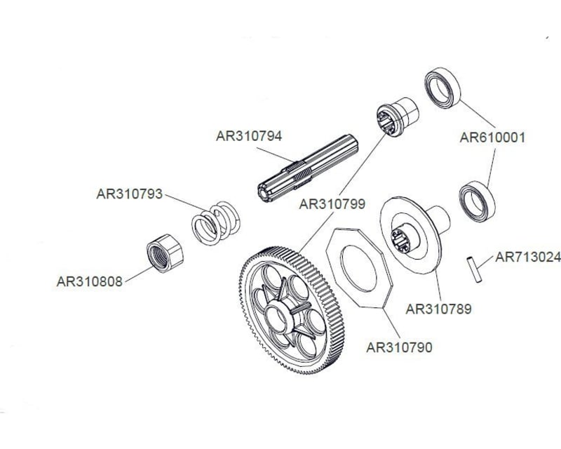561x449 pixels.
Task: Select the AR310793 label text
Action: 129,193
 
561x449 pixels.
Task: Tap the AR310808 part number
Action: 90,281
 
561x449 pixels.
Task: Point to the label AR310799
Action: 332,204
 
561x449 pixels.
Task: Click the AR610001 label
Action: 492,138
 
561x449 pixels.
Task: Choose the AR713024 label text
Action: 528,257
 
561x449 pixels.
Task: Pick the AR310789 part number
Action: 439,307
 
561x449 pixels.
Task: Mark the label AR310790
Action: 400,347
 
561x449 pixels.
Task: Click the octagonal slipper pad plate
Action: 357,267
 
